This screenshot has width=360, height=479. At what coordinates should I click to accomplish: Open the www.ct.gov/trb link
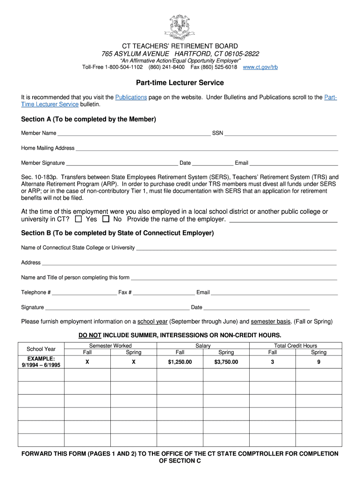(260, 67)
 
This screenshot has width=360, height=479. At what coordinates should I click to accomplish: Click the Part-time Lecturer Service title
(180, 83)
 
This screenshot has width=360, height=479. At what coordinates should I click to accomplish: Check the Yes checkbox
(79, 219)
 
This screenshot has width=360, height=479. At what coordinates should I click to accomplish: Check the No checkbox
(106, 219)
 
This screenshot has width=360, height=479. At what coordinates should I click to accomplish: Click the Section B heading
(117, 233)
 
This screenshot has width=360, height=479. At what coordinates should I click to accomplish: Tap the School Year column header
(41, 349)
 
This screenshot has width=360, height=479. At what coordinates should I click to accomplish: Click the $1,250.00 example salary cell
(180, 362)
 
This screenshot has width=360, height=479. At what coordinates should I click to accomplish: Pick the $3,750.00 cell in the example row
(226, 362)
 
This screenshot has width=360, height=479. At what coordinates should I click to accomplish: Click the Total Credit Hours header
(295, 346)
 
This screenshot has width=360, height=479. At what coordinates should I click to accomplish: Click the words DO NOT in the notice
(90, 335)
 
